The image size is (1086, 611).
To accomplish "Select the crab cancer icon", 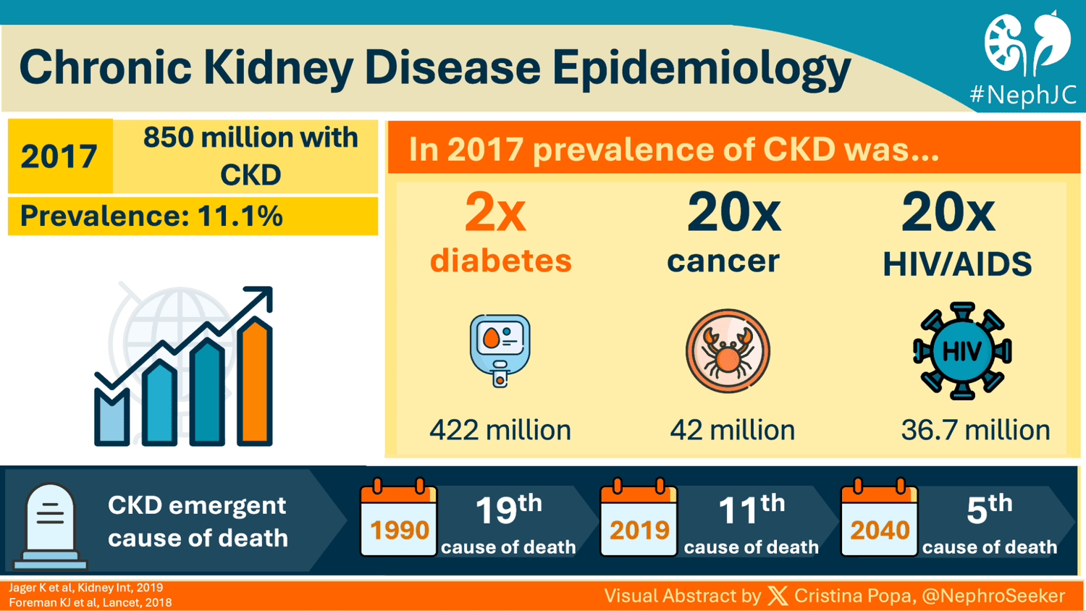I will point(728,351).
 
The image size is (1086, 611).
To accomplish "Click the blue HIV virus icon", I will point(961,351).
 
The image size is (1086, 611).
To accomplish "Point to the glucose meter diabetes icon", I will point(500,350).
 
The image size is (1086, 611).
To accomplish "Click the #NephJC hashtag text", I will point(1022,95).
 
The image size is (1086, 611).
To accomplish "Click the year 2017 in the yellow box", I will point(59,156).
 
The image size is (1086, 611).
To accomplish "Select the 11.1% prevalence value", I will point(240,216).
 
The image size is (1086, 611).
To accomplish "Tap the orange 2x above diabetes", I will point(495,213).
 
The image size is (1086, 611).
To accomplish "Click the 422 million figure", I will point(500,430).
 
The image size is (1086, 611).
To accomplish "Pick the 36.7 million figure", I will point(975,430).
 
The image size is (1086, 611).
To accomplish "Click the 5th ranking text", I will point(989,510).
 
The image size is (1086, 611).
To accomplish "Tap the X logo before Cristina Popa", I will point(778,596).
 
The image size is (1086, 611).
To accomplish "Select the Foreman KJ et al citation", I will point(90,602).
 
